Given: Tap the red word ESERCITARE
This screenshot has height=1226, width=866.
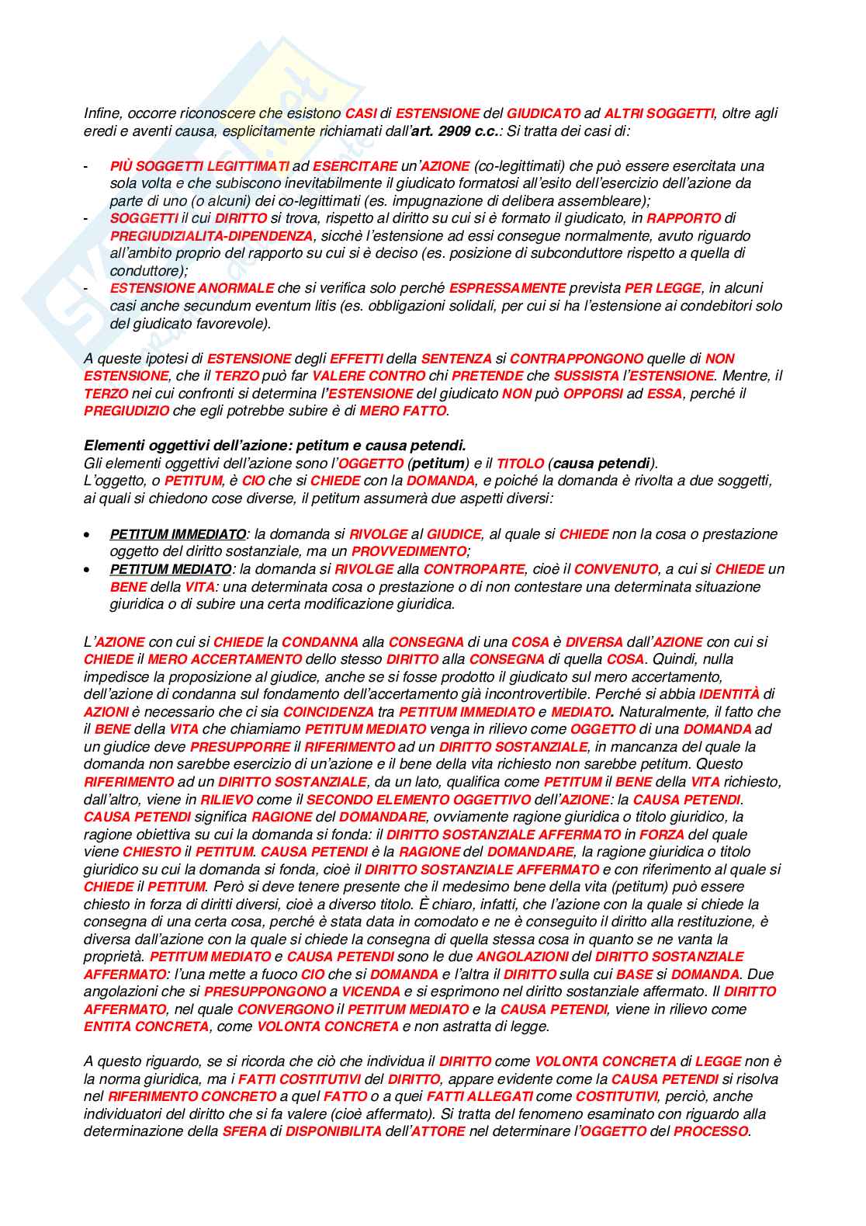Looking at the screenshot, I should coord(355,165).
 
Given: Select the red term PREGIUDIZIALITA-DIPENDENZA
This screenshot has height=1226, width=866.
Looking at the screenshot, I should coord(212,235).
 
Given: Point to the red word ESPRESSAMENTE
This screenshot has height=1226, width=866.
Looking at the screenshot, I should coord(507,288).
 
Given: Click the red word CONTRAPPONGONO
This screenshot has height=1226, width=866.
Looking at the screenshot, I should coord(577,359).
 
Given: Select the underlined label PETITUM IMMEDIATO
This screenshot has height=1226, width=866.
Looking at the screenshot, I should coord(178,534).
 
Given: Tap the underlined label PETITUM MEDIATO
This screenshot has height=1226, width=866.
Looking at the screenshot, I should coord(171,569).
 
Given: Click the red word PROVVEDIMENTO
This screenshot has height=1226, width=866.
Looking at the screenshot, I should coord(408,551).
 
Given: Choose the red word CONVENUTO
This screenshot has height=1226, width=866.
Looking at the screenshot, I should coord(615,569).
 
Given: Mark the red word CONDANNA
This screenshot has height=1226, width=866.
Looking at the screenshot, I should coord(320,642).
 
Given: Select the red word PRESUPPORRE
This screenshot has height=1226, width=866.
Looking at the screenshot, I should coord(240,747).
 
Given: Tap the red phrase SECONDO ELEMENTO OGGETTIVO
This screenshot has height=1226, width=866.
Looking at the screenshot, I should coord(418,799).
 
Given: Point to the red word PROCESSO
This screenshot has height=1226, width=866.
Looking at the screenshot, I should coord(711,1131).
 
